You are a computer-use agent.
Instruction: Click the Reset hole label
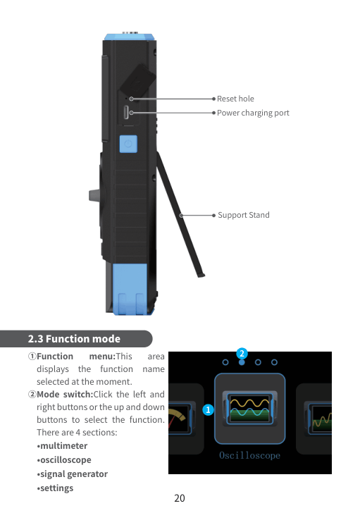pos(235,99)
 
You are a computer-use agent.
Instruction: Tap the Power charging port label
pos(253,113)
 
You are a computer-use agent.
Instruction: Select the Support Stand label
pos(244,215)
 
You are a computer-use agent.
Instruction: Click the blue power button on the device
pos(128,144)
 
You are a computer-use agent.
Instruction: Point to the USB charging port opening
pos(126,113)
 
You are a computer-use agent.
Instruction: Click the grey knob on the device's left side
pos(94,195)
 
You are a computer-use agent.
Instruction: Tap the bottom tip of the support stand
pos(201,276)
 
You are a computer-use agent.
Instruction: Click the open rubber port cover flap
pos(137,78)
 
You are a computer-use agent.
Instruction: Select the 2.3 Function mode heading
pos(74,339)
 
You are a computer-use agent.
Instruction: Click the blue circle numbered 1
pos(208,410)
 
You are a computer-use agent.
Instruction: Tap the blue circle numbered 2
pos(242,354)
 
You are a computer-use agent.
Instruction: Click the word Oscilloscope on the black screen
pos(249,455)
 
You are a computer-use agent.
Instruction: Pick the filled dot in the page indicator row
pos(242,362)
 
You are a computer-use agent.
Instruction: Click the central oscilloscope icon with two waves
pos(250,409)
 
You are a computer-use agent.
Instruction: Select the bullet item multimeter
pos(62,446)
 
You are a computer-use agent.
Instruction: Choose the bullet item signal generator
pos(73,474)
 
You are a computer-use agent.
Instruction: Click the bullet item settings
pos(55,488)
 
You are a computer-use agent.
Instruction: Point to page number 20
pos(180,498)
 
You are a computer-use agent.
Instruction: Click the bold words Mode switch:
pos(65,395)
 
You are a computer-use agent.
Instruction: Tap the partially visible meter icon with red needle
pos(181,419)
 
